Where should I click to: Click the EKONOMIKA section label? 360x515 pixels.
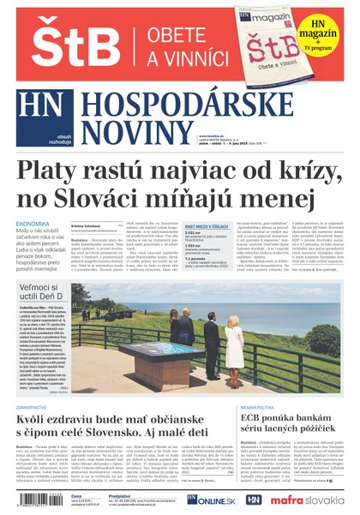[33, 225]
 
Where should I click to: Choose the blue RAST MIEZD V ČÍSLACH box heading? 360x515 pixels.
[206, 225]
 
